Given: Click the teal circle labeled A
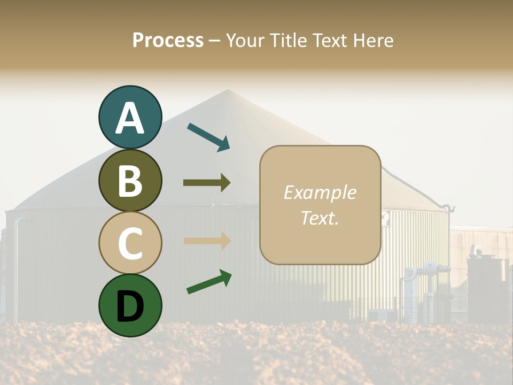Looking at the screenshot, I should (x=130, y=117).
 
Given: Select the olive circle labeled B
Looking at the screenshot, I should (x=130, y=180).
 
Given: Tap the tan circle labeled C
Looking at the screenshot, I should (x=130, y=243).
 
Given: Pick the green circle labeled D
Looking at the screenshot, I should (x=130, y=305).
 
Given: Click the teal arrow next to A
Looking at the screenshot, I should (x=208, y=137).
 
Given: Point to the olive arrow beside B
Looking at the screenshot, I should (x=207, y=183).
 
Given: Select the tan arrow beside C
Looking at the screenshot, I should (x=207, y=241).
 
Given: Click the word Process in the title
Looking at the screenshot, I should (x=168, y=40).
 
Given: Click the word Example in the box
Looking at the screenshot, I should (x=320, y=192).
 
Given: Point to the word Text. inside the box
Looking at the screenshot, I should (x=320, y=218).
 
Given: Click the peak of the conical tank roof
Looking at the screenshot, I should (x=228, y=90).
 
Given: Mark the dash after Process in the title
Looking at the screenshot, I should (x=214, y=41).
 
